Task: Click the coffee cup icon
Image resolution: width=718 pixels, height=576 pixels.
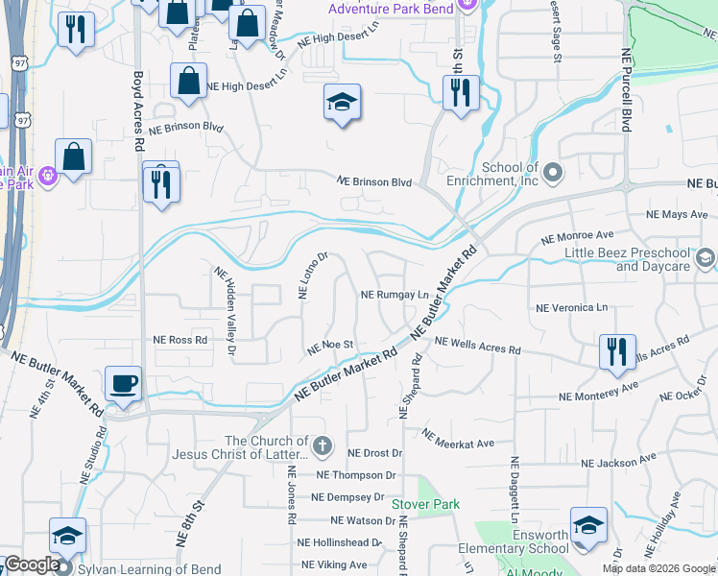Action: [x=123, y=384]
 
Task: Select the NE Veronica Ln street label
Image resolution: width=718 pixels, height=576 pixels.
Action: [x=572, y=308]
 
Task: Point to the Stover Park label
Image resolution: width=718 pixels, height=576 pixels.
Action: [x=425, y=504]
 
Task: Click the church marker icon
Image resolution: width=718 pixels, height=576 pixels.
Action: [x=323, y=446]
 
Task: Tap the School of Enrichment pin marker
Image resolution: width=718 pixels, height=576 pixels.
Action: [x=551, y=174]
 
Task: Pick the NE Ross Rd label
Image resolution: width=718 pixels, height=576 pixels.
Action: [x=180, y=340]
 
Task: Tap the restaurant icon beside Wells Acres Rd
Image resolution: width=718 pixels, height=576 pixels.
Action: [x=616, y=351]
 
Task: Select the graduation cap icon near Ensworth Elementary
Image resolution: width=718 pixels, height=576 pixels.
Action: [x=588, y=525]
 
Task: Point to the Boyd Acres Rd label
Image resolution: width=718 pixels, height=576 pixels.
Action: [x=138, y=110]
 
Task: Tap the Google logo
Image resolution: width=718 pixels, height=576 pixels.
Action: [x=33, y=564]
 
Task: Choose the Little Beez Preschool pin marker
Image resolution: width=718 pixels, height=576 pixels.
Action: [x=706, y=257]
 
